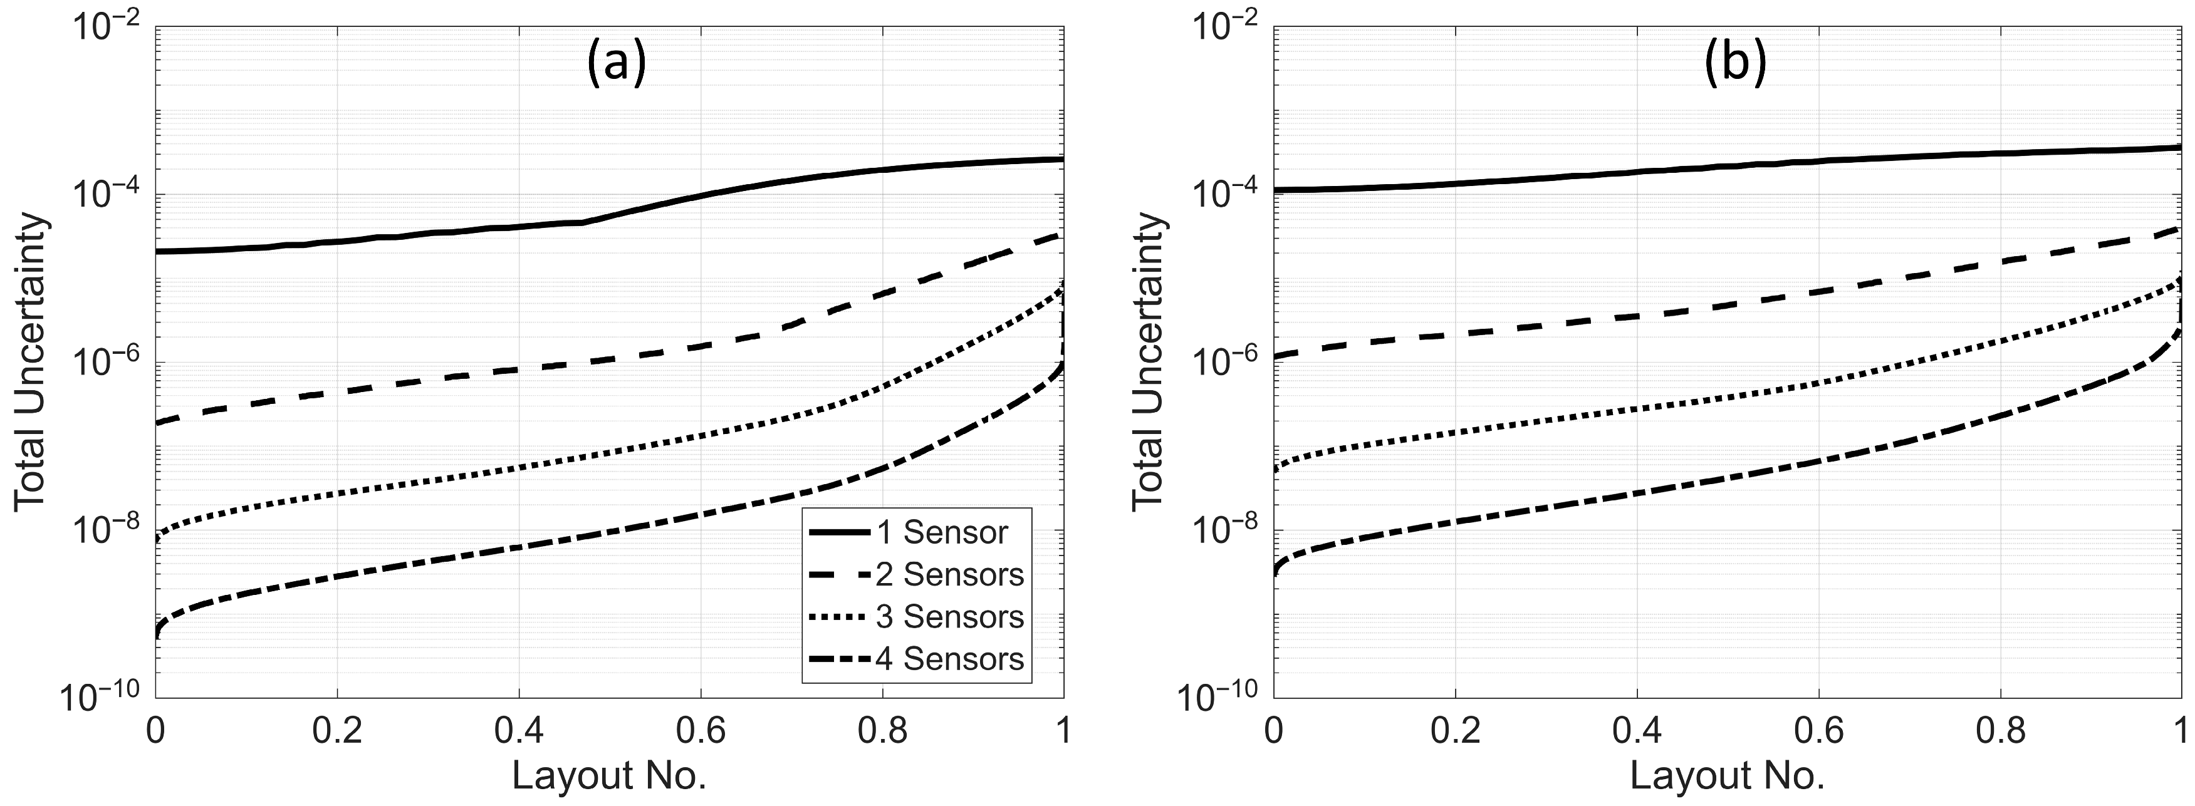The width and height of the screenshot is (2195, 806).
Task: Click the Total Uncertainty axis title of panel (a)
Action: [31, 362]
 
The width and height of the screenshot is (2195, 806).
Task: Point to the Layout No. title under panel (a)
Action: [609, 776]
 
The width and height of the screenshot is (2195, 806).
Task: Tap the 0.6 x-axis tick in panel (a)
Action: [699, 730]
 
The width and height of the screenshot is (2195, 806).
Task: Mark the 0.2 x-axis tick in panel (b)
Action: [1456, 730]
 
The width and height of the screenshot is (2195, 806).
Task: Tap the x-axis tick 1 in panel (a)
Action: [1063, 730]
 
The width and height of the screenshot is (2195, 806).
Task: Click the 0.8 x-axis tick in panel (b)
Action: [2000, 730]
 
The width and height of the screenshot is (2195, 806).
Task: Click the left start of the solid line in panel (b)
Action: [1276, 189]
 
